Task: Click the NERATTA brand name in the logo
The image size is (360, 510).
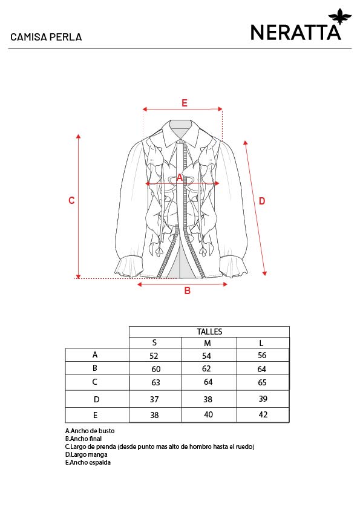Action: (x=296, y=33)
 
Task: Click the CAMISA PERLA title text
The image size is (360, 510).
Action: (x=46, y=37)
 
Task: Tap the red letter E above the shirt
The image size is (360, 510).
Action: (x=185, y=103)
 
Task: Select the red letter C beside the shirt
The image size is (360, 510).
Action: (x=71, y=200)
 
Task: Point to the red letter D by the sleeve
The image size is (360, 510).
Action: (x=262, y=201)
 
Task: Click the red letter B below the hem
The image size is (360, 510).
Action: (x=188, y=290)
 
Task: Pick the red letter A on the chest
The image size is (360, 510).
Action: (x=180, y=178)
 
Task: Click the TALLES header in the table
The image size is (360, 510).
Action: (x=209, y=332)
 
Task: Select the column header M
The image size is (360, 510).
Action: (x=208, y=343)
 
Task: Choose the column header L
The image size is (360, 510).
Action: (x=261, y=343)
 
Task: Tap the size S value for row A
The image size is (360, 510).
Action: (x=154, y=356)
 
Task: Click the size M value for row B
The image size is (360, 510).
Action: (x=206, y=368)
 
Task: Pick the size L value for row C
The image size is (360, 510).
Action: (x=262, y=382)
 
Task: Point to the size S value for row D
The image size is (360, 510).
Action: (x=154, y=399)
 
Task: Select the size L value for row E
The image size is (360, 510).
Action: (x=263, y=414)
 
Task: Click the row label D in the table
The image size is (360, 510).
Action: (x=97, y=399)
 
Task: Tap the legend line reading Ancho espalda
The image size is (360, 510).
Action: (x=88, y=463)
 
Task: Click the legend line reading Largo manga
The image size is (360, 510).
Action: (x=86, y=455)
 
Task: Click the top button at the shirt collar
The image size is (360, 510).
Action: (x=180, y=142)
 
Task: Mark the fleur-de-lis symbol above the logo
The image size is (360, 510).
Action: (x=340, y=16)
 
